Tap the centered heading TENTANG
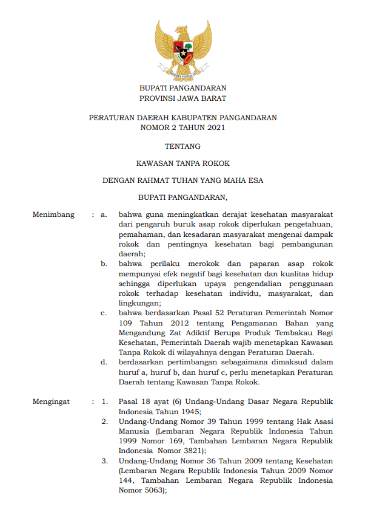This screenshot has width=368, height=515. tap(182, 146)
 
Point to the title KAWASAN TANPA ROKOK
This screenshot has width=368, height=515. tap(182, 163)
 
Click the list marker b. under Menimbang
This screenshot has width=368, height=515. tap(104, 264)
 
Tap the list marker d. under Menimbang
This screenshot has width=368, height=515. tap(104, 363)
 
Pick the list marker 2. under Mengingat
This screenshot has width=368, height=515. tap(104, 421)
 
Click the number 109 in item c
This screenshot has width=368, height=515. tap(126, 323)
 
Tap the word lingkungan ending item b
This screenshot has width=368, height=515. tap(139, 303)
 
